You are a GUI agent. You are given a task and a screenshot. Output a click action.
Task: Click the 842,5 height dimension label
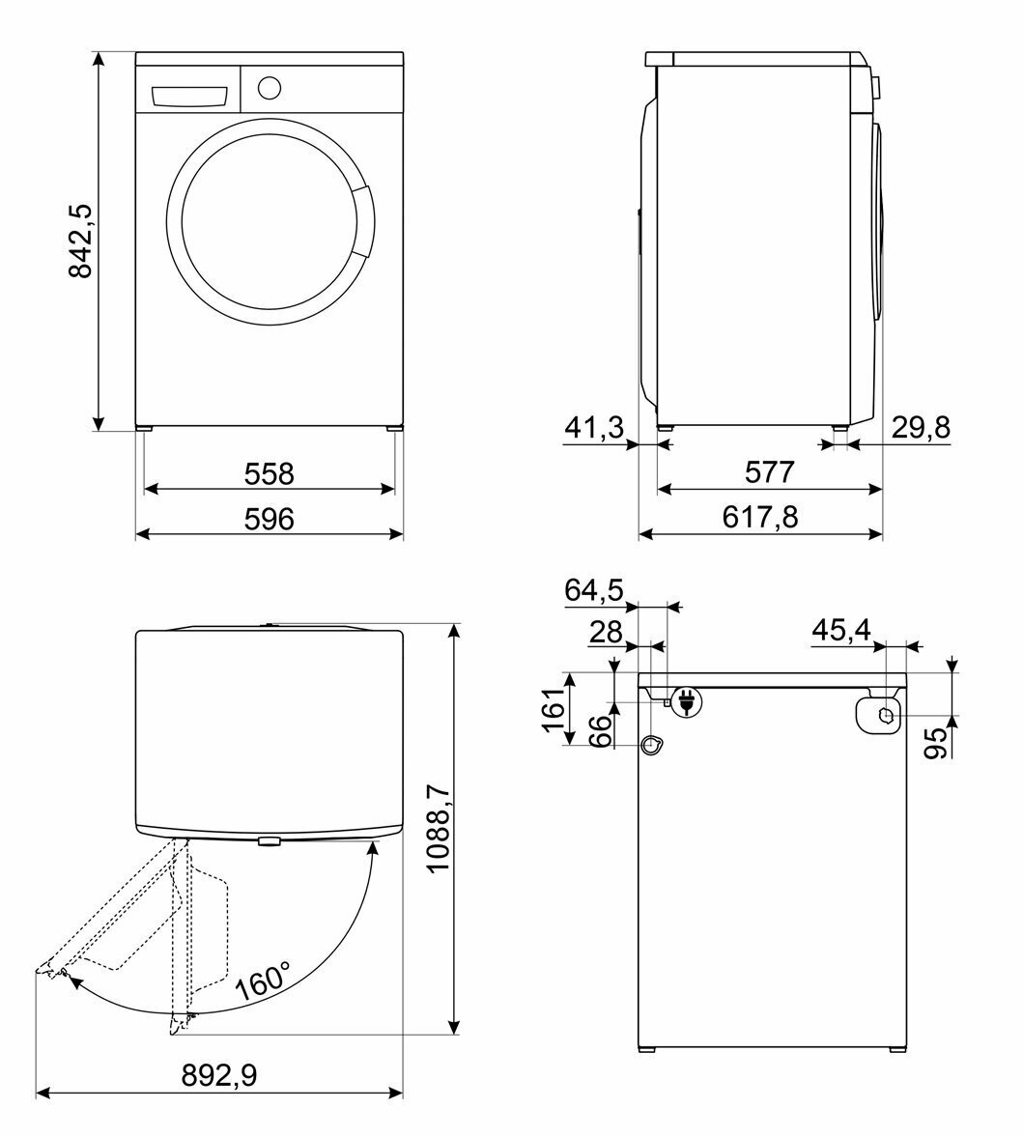point(80,242)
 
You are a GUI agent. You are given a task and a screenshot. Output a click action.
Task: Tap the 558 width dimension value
point(269,474)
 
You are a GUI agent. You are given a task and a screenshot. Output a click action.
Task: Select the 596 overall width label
point(269,519)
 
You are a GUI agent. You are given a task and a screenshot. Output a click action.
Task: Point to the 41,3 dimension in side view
point(594,428)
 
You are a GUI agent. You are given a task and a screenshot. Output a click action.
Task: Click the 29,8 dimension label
point(921,428)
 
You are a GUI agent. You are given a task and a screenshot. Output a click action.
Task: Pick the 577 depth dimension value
point(770,472)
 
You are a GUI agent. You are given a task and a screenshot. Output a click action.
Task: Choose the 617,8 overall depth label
point(760,518)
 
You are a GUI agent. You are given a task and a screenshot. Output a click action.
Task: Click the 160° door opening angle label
point(263,981)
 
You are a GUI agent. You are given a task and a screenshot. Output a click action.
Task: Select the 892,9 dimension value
point(219,1075)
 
